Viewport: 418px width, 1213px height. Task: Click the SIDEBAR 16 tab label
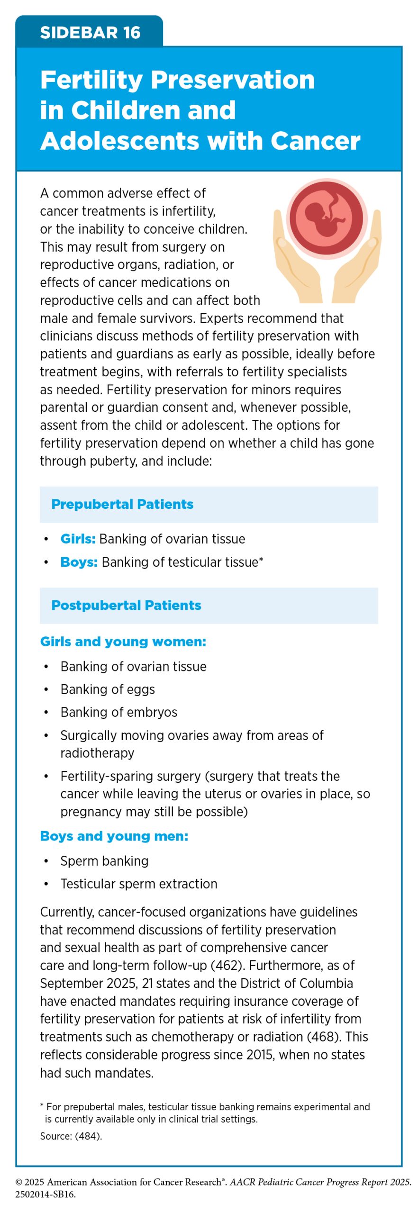tap(90, 33)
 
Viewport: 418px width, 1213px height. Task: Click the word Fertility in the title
tap(91, 80)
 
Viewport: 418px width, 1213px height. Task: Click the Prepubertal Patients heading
tap(122, 504)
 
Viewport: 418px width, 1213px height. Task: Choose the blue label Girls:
tap(78, 539)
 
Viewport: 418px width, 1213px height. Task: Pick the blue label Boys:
tap(79, 562)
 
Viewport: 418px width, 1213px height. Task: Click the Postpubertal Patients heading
tap(126, 605)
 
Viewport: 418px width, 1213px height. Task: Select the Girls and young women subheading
tap(123, 642)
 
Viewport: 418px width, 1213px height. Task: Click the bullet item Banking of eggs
tap(108, 689)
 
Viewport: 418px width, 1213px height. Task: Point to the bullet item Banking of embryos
tap(118, 712)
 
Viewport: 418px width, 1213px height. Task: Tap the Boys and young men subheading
tap(114, 836)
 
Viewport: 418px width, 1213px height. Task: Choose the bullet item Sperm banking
tap(104, 861)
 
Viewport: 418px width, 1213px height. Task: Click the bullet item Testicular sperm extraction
tap(138, 884)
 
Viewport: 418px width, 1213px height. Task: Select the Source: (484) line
tap(71, 1136)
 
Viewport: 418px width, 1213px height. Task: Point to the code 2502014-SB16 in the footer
tap(45, 1194)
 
